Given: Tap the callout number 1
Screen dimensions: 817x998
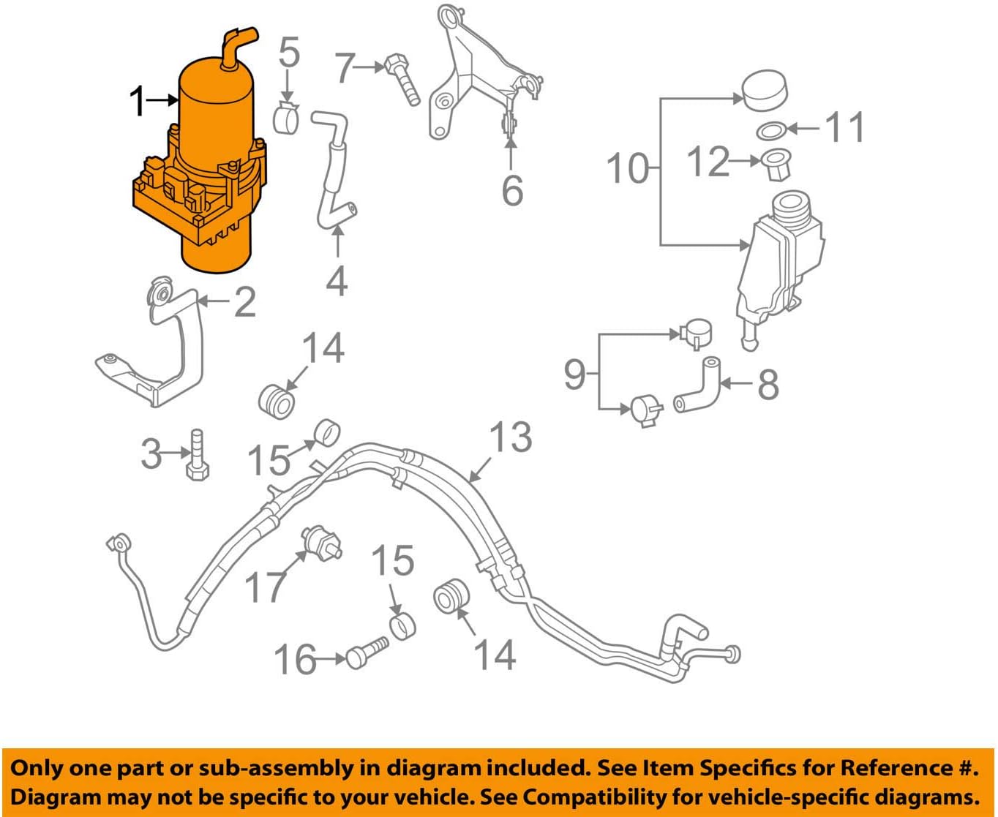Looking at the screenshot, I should click(x=138, y=102).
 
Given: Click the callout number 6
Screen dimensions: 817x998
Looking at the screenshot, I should click(x=512, y=190).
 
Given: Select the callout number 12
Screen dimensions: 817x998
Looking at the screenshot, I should click(x=708, y=162).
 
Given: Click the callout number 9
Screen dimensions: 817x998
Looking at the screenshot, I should click(x=575, y=374).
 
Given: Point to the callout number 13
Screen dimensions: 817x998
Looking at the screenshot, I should click(x=510, y=437).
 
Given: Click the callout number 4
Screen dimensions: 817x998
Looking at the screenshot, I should click(x=337, y=281).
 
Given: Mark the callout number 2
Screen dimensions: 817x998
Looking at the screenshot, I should click(x=244, y=302).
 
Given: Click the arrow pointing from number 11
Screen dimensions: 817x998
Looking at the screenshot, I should click(x=803, y=129).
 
